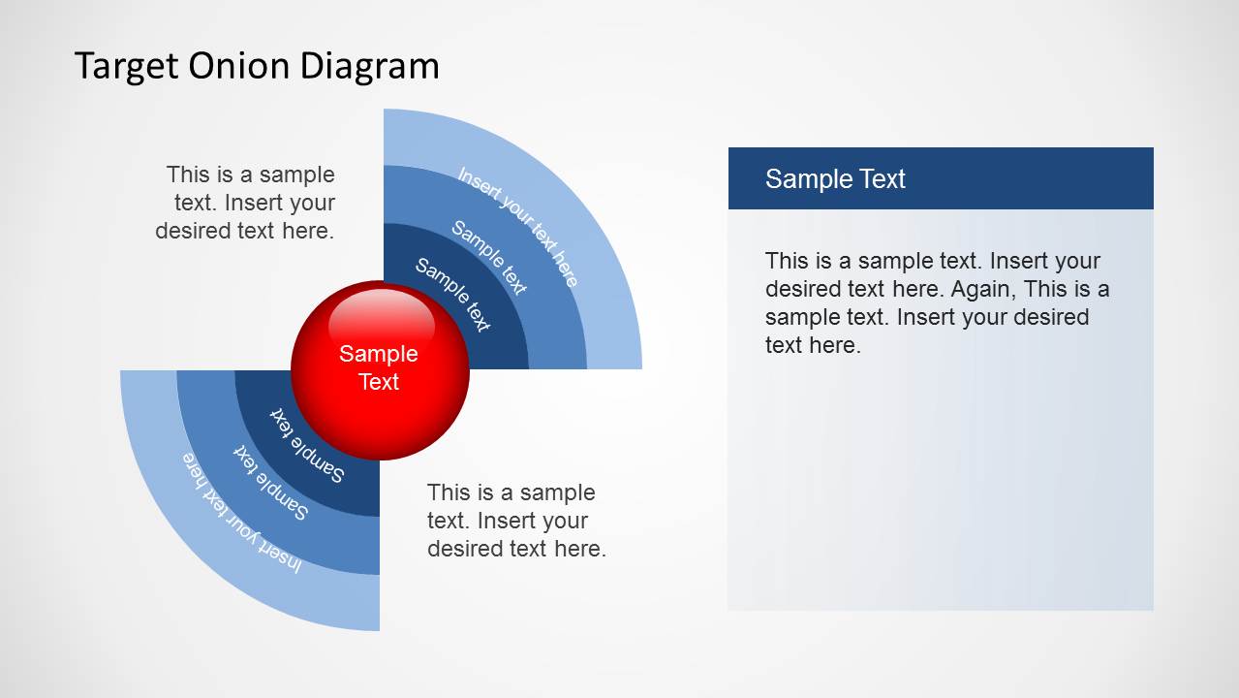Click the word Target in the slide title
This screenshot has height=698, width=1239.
click(127, 67)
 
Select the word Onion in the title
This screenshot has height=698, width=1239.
click(239, 65)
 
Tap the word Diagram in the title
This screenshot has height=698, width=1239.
click(369, 67)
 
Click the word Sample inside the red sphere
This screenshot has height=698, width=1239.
click(379, 354)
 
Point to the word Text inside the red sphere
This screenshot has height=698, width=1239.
click(379, 382)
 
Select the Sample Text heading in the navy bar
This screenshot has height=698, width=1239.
click(835, 178)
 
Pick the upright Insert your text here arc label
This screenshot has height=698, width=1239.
click(517, 227)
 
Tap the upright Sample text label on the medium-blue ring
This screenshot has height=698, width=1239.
click(489, 258)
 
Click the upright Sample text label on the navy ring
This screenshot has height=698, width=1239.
click(452, 295)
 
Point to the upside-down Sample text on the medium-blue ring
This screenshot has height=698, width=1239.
click(270, 482)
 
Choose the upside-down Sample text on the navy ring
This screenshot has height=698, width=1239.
click(307, 446)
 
